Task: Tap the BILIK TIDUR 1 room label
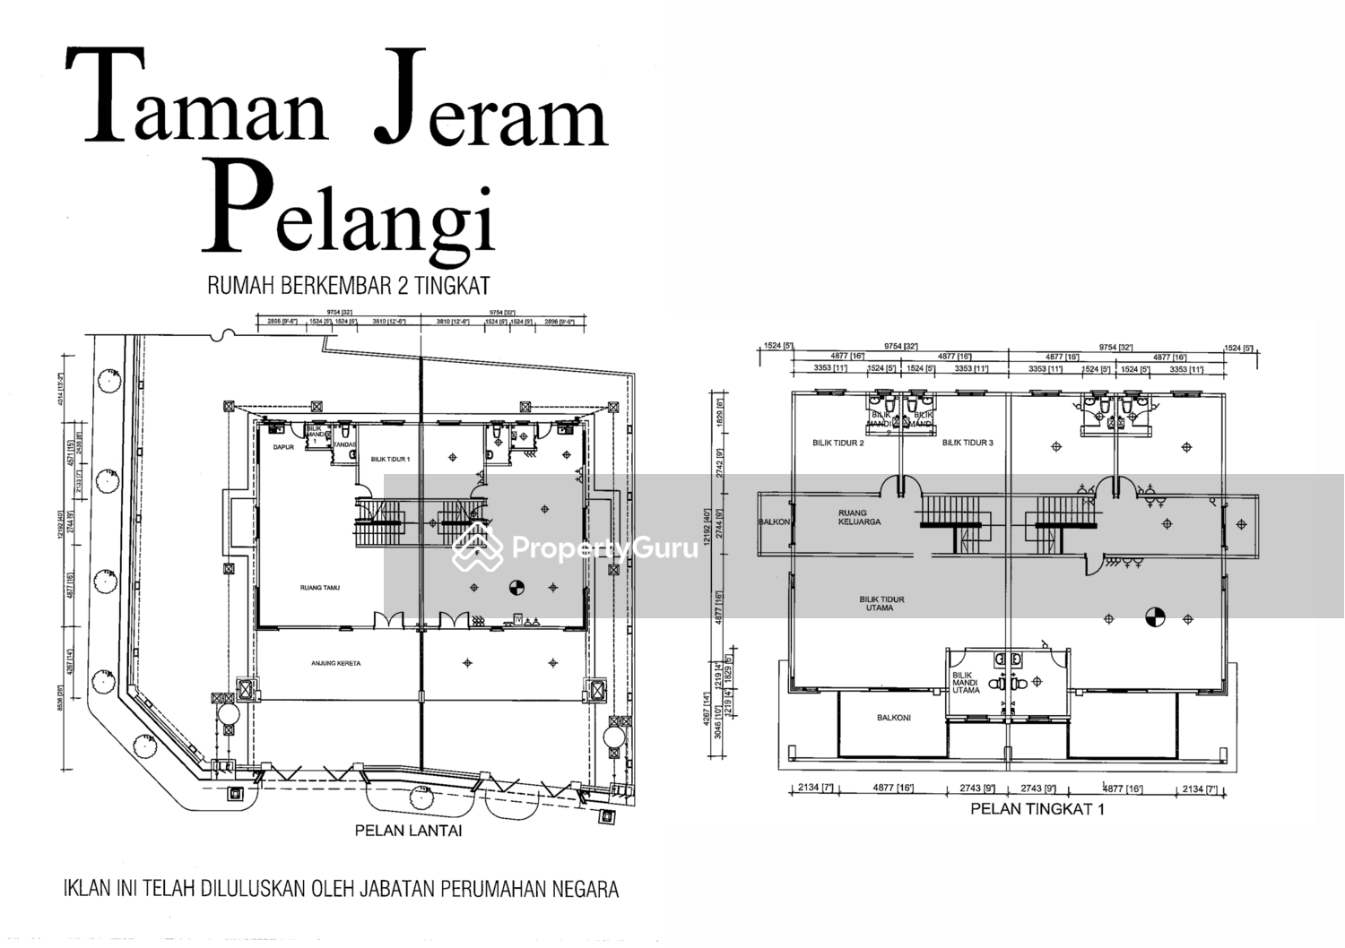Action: click(390, 459)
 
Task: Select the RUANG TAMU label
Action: click(319, 588)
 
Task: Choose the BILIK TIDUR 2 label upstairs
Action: click(838, 443)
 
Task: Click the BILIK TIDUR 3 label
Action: click(968, 443)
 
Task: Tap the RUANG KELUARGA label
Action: click(852, 517)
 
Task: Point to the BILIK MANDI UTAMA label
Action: click(966, 683)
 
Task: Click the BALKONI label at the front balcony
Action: click(895, 718)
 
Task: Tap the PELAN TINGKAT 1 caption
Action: click(1037, 809)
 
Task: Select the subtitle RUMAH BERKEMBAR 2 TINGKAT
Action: click(348, 286)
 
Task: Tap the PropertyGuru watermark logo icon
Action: click(477, 547)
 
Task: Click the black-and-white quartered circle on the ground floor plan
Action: click(516, 588)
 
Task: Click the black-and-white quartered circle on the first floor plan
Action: click(1154, 617)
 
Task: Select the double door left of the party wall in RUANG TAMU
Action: click(388, 619)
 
